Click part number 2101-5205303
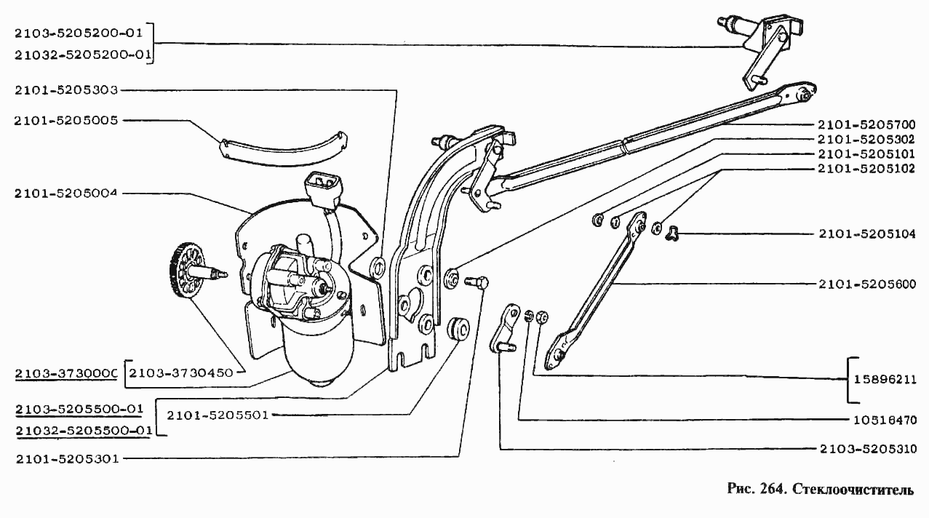66,90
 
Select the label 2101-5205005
66,121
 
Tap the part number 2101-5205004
66,194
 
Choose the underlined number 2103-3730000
66,374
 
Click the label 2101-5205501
218,415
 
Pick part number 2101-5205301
68,459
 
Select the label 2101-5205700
866,124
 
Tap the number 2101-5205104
867,234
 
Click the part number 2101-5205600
867,284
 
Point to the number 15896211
885,380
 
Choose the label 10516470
885,420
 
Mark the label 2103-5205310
869,449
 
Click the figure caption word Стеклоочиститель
853,490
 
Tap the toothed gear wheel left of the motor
188,270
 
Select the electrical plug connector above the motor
324,191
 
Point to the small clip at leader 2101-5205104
672,233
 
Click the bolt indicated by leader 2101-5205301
477,282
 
